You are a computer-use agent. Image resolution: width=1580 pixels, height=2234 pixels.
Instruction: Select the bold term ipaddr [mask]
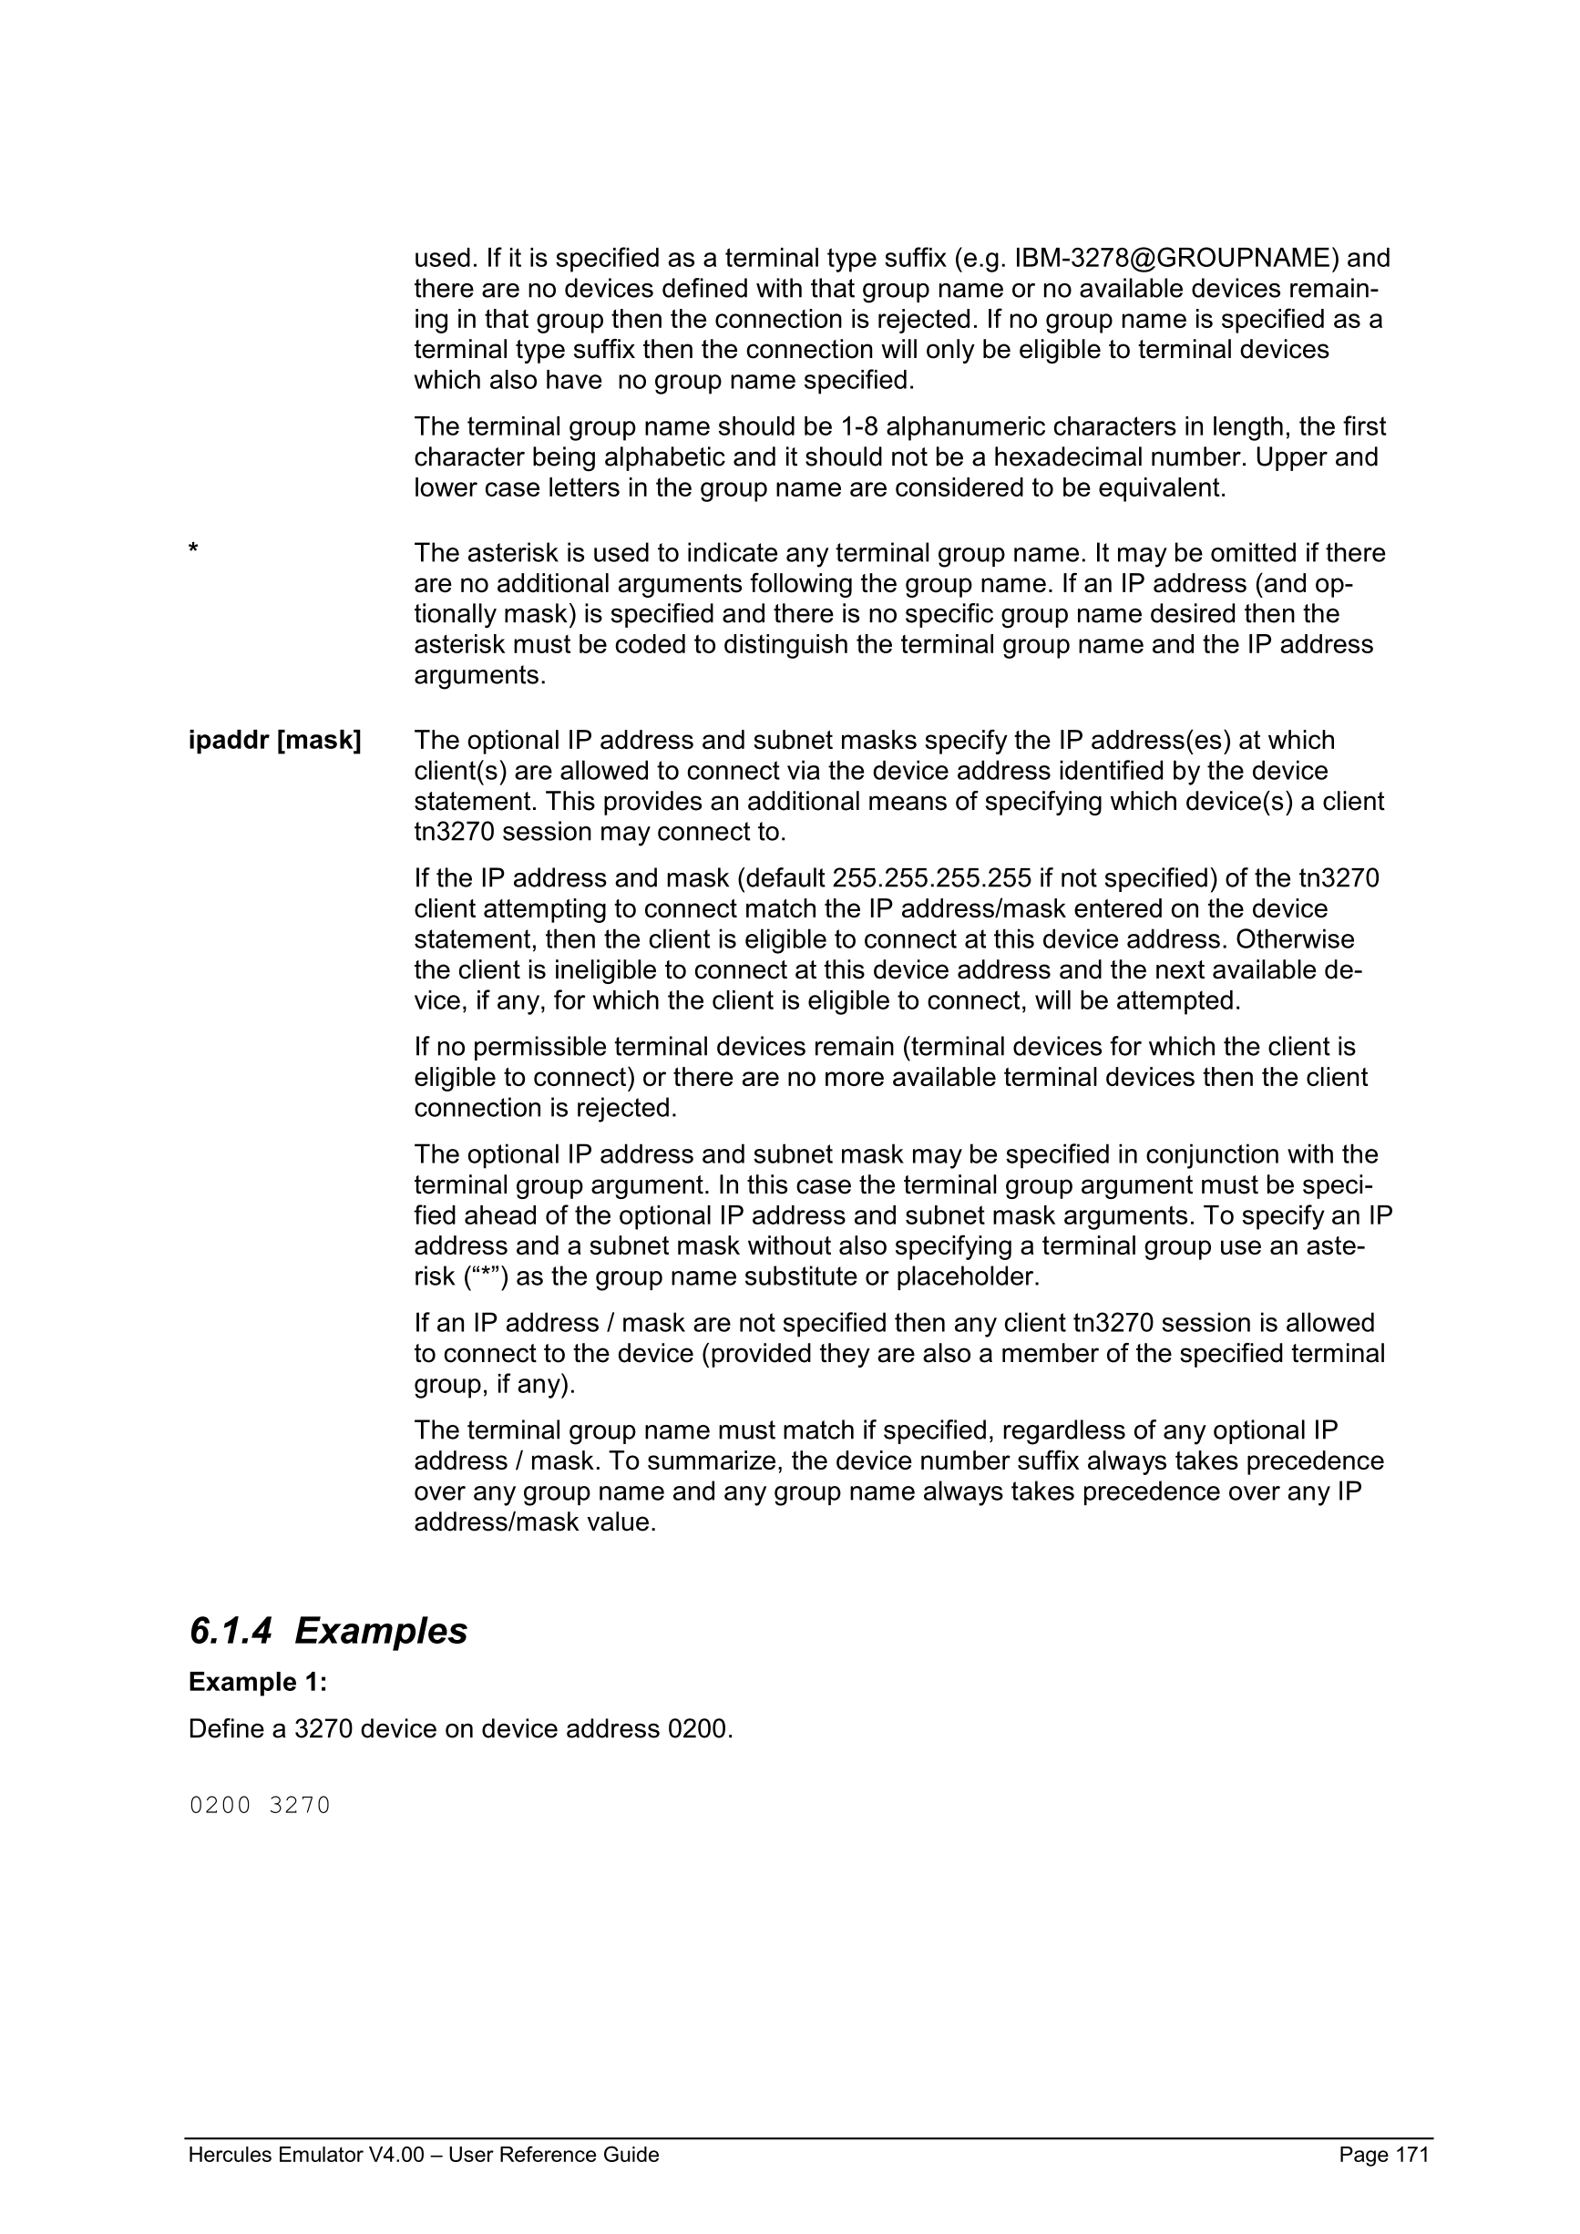[x=274, y=741]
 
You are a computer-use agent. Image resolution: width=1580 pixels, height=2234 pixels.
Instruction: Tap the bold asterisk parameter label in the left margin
[x=193, y=550]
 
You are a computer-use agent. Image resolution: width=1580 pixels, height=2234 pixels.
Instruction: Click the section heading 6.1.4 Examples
[x=328, y=1631]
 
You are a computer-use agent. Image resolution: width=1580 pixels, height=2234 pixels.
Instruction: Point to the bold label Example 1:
[x=258, y=1682]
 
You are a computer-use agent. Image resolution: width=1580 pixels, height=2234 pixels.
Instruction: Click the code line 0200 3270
[x=260, y=1806]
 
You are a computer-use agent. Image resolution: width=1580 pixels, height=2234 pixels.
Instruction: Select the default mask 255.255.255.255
[x=931, y=878]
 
